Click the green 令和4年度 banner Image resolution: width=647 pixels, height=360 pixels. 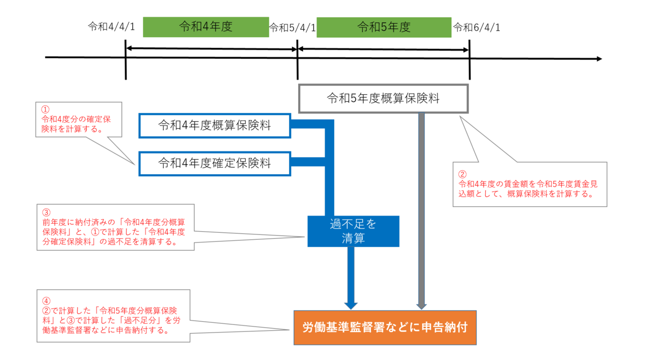(x=206, y=27)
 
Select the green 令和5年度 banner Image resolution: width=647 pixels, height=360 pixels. (x=384, y=27)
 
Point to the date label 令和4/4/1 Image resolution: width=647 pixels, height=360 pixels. (x=112, y=26)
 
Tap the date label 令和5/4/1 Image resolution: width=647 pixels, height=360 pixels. (x=292, y=27)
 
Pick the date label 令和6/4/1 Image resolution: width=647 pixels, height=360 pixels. (x=477, y=27)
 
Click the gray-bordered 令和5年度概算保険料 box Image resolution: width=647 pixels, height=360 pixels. (x=383, y=99)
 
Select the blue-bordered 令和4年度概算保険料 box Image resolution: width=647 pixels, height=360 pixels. (x=215, y=126)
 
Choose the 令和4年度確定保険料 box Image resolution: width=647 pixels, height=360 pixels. (x=215, y=163)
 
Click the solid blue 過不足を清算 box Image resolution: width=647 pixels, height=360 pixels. (x=353, y=231)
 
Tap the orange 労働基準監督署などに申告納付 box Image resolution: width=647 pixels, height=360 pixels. (x=385, y=328)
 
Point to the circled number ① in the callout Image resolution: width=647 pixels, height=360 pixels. (x=45, y=109)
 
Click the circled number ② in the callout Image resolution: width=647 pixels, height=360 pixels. (x=463, y=175)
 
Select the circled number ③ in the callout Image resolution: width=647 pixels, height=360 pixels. (x=46, y=213)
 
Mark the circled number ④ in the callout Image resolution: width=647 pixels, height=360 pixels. (x=46, y=301)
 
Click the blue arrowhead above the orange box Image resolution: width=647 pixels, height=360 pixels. (x=351, y=306)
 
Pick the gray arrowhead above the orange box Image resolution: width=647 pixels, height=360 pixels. (x=422, y=306)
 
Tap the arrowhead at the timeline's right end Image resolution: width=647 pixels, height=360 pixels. (x=600, y=59)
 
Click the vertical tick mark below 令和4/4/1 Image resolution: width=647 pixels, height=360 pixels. (x=126, y=59)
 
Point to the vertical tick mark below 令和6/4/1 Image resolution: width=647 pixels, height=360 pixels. (x=470, y=59)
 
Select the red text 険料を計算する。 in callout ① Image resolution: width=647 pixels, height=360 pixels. (x=72, y=129)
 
